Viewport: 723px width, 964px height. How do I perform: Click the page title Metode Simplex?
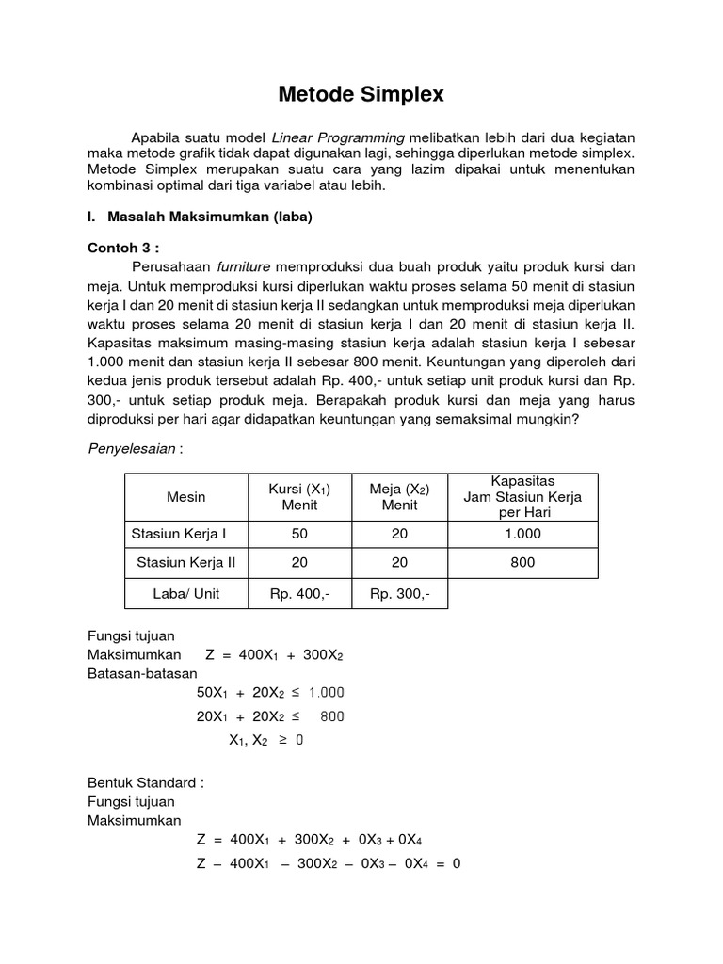coord(361,94)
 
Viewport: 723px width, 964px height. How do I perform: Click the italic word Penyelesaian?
coord(132,448)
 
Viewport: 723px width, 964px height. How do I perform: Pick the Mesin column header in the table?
coord(185,497)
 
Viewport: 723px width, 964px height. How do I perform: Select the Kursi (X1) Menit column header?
coord(299,497)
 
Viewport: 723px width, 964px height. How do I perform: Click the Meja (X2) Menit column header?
coord(399,497)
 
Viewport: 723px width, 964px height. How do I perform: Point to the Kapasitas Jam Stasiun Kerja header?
coord(522,496)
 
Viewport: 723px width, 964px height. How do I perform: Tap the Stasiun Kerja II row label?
coord(185,563)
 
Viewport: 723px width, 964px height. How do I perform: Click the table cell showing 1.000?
coord(522,534)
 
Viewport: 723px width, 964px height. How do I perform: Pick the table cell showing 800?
coord(522,563)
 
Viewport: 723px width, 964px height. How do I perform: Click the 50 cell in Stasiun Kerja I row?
coord(299,534)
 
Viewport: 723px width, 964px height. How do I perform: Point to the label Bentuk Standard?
coord(145,782)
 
